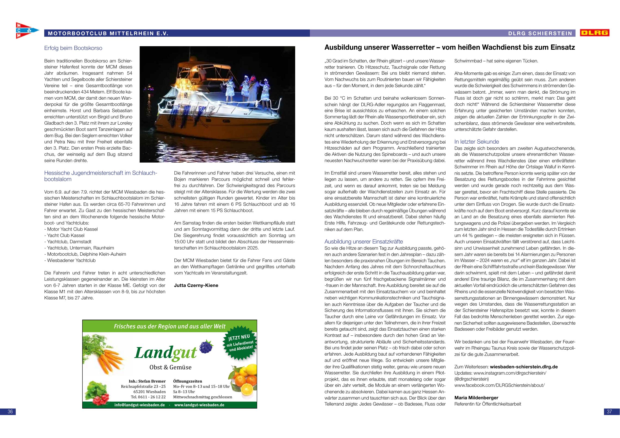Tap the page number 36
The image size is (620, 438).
point(10,412)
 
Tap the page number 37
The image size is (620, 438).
point(609,412)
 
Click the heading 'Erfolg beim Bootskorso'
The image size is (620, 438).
point(73,48)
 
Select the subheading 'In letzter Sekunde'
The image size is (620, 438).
point(476,142)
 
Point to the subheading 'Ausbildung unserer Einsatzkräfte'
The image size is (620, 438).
point(363,241)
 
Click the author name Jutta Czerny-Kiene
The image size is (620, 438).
point(196,285)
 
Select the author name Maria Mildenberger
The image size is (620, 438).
point(476,398)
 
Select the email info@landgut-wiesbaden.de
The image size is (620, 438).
point(139,405)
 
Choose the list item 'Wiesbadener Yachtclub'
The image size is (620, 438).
point(71,260)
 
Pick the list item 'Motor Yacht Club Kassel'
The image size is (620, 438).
point(72,229)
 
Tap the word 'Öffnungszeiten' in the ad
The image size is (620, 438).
point(187,381)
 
